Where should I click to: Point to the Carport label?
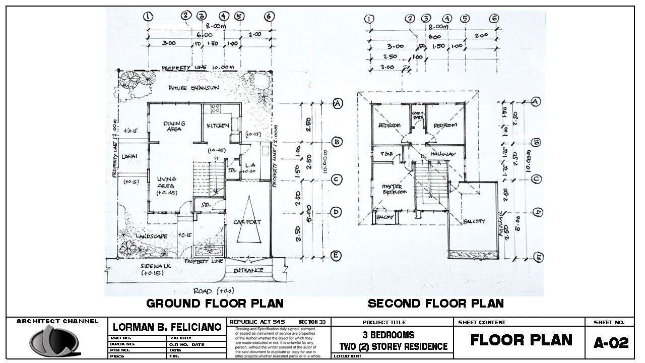[x=247, y=222]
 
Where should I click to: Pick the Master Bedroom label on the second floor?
[x=394, y=189]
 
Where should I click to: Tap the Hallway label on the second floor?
[x=443, y=154]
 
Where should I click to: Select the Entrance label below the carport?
[x=248, y=270]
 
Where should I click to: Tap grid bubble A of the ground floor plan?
[x=338, y=103]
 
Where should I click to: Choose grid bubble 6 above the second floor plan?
[x=495, y=19]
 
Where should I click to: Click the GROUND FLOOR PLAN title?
[x=215, y=304]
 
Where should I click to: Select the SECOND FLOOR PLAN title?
[x=435, y=304]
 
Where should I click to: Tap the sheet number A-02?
[x=611, y=343]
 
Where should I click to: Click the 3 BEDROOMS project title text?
[x=389, y=335]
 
